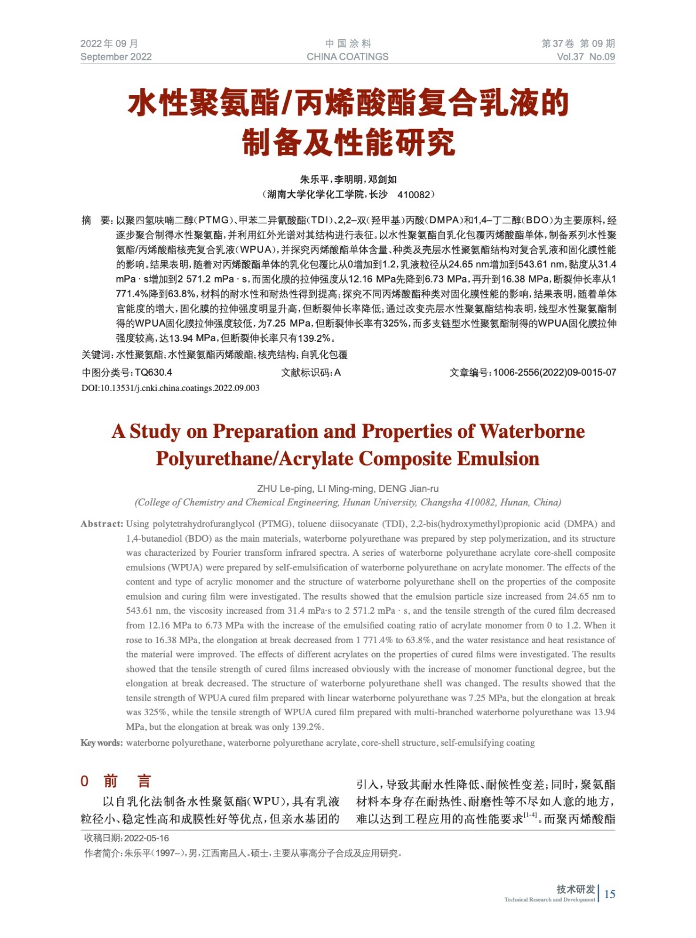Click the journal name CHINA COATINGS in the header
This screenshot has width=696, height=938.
347,57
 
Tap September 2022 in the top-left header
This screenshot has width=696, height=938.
116,57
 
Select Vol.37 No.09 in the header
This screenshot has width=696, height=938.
585,57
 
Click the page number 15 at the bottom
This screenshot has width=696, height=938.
610,894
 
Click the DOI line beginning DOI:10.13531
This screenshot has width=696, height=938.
170,388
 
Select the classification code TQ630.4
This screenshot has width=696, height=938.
153,372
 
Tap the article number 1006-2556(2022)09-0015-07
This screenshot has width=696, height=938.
554,372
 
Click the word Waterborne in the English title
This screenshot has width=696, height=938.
532,431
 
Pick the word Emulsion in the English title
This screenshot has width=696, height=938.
498,458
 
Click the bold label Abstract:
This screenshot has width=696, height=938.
102,524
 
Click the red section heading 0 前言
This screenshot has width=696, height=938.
116,781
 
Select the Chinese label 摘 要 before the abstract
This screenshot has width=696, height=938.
96,220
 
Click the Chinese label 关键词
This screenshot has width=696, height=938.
96,355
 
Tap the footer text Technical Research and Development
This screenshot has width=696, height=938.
549,899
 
